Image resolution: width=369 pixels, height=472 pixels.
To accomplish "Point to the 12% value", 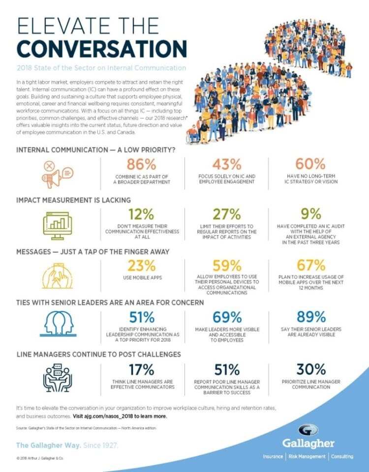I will (x=142, y=215).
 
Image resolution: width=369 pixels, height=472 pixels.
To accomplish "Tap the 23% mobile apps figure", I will (x=142, y=266).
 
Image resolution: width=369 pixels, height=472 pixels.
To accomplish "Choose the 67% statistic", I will (x=311, y=266).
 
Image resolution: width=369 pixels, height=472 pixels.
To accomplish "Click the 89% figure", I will (x=311, y=317).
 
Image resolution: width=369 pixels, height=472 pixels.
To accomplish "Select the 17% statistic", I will (x=142, y=369).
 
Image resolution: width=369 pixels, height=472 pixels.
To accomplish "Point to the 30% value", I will (x=311, y=369).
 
